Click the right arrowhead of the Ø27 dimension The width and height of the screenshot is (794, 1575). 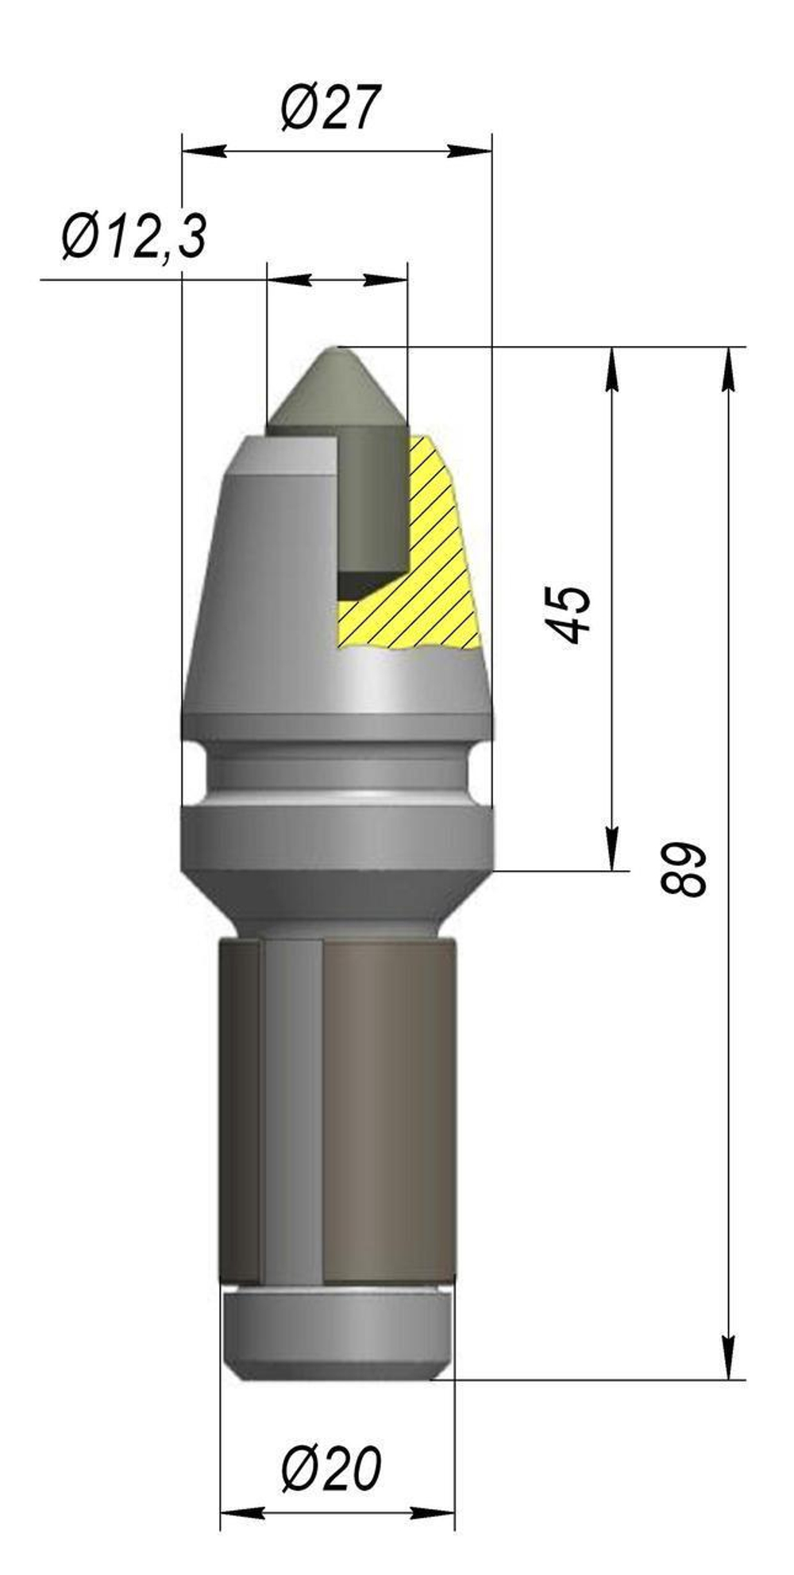[x=472, y=151]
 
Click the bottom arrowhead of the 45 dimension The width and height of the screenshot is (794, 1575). [x=612, y=849]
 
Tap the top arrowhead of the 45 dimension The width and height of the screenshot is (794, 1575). [x=612, y=369]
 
